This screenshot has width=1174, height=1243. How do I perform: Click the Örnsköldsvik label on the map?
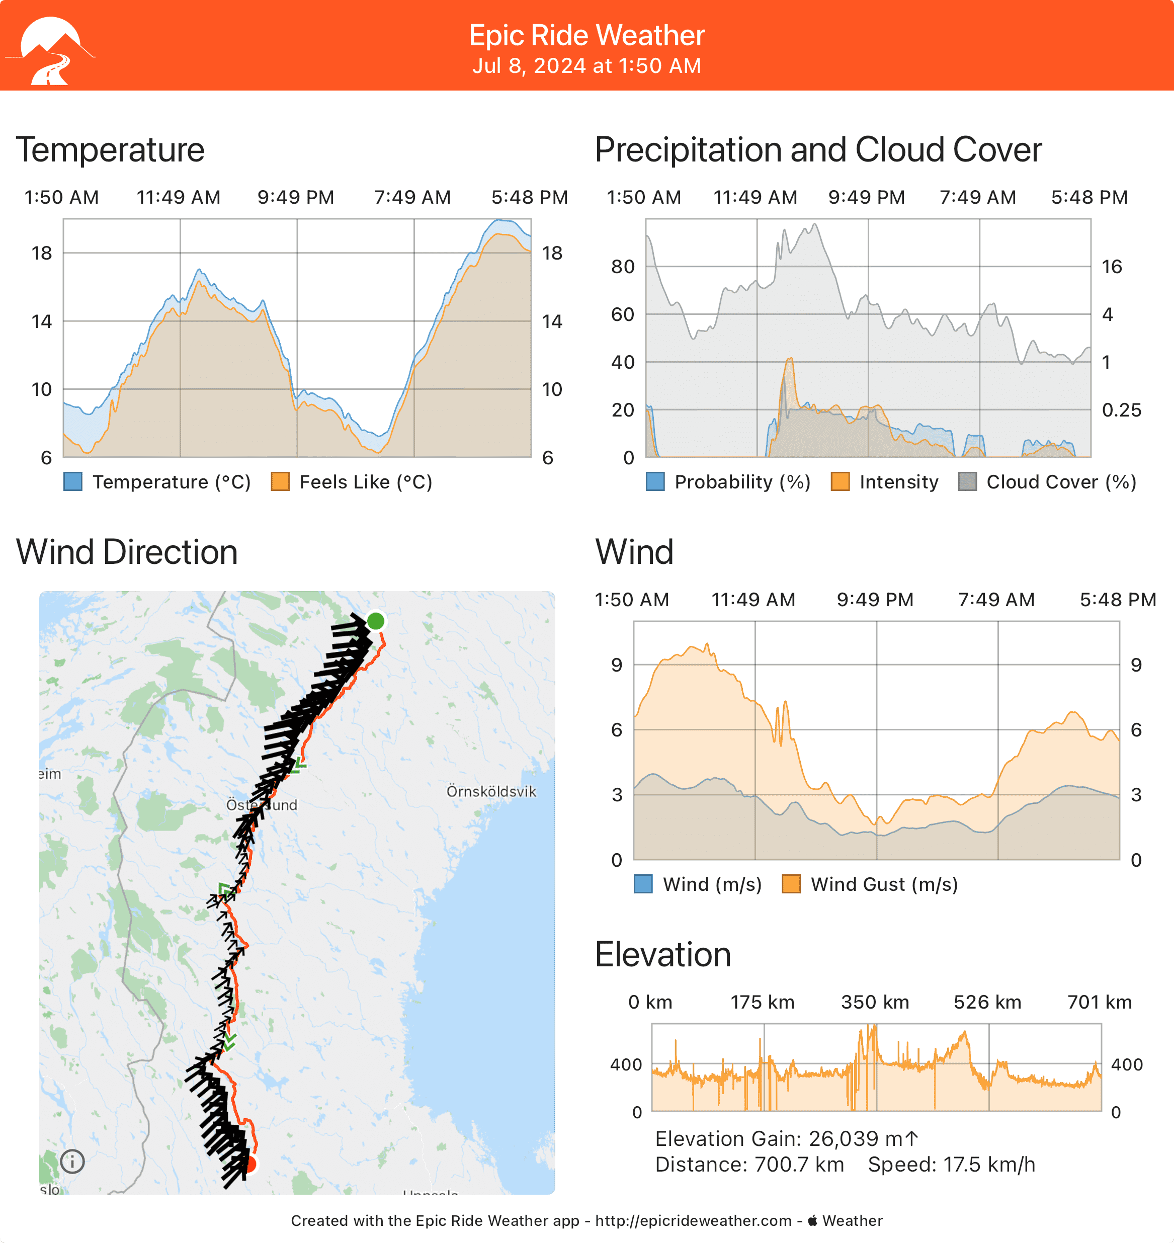(x=491, y=791)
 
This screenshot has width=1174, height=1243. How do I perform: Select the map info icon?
(x=72, y=1162)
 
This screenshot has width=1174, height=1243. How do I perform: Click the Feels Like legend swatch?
(x=280, y=482)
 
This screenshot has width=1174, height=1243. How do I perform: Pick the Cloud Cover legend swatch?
(x=967, y=482)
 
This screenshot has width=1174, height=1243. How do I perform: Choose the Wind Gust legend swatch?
(x=792, y=884)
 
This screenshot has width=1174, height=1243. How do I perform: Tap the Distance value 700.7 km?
(x=799, y=1165)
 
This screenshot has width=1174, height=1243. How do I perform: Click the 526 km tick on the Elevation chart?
(x=987, y=1002)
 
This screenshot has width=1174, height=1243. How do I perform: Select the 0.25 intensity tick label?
(x=1121, y=410)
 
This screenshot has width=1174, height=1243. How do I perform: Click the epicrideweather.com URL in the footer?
(x=694, y=1221)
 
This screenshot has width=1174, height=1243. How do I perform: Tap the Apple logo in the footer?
(x=813, y=1220)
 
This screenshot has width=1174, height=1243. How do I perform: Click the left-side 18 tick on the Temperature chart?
(x=42, y=253)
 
